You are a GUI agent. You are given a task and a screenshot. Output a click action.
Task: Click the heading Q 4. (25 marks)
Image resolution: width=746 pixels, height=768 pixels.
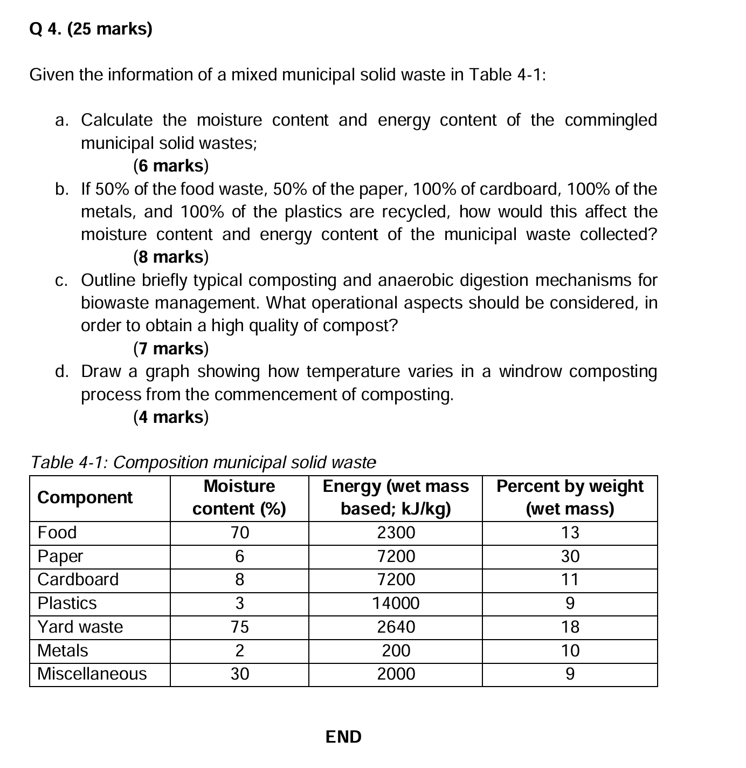[91, 29]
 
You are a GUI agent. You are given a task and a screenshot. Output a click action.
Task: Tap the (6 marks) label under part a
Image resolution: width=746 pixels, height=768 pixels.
[170, 166]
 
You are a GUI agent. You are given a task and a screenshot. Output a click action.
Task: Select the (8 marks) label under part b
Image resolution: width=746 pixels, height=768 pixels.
[170, 257]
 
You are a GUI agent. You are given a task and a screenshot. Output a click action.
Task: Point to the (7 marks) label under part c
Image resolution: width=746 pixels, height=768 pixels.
[170, 349]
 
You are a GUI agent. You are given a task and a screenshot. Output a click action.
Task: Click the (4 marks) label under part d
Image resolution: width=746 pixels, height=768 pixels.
[170, 417]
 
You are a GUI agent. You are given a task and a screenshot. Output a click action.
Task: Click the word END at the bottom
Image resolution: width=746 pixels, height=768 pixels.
[343, 737]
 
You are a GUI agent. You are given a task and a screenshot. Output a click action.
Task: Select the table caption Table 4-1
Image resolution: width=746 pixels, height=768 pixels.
[203, 462]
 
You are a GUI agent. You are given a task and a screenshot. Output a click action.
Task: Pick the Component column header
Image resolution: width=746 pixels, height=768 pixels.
[85, 497]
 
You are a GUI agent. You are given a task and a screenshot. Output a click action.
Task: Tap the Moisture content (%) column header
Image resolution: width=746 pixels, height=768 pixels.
[239, 497]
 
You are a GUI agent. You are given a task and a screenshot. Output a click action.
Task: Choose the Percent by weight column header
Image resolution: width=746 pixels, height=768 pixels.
[570, 497]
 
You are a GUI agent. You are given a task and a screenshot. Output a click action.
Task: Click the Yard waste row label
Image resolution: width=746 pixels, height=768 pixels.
[80, 627]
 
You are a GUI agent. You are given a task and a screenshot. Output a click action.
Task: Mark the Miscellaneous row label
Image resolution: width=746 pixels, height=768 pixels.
[92, 674]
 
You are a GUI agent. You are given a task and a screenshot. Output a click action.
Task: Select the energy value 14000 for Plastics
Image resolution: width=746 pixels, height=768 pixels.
[396, 603]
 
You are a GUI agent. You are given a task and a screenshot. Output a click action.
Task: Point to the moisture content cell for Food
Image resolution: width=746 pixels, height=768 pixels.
[239, 533]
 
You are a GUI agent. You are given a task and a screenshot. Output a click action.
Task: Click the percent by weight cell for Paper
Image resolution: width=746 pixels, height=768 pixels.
[570, 556]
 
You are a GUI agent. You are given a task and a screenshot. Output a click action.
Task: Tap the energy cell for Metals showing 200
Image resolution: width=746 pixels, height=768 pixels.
[396, 651]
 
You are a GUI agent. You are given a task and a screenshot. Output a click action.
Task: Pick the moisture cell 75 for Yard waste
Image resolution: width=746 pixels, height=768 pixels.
[239, 627]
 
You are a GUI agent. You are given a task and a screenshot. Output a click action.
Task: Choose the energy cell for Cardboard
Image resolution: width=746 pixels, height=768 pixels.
[396, 580]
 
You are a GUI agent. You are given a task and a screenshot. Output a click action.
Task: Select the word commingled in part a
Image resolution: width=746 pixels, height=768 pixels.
[611, 120]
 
